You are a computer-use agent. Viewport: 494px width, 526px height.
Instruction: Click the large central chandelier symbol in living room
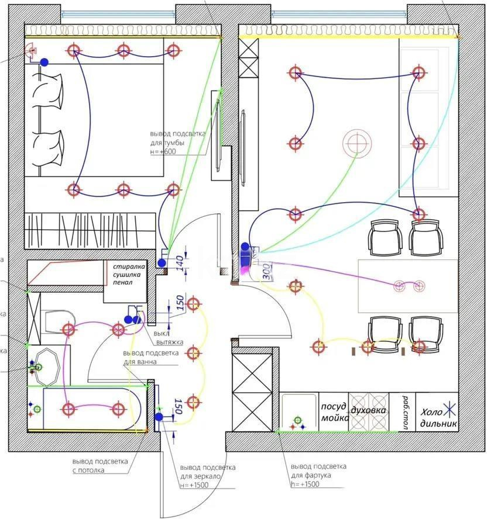pyautogui.click(x=358, y=143)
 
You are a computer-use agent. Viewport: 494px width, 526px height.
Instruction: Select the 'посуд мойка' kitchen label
pyautogui.click(x=334, y=412)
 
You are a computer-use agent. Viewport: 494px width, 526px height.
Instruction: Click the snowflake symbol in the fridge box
pyautogui.click(x=449, y=409)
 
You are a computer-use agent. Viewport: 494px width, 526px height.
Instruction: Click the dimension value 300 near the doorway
pyautogui.click(x=267, y=272)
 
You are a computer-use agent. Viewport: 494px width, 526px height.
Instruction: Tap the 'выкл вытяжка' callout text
pyautogui.click(x=169, y=337)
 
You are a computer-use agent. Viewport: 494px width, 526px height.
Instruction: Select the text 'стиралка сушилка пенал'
pyautogui.click(x=131, y=274)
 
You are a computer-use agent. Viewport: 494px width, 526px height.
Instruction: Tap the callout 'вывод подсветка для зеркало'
pyautogui.click(x=207, y=476)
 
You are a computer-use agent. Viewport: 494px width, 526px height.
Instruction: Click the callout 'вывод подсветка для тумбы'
pyautogui.click(x=177, y=142)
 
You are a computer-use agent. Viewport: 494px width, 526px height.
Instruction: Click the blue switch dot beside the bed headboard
pyautogui.click(x=44, y=61)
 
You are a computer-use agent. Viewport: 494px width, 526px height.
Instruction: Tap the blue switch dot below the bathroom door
pyautogui.click(x=158, y=417)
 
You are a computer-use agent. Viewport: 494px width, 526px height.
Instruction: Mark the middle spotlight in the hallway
pyautogui.click(x=194, y=352)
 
